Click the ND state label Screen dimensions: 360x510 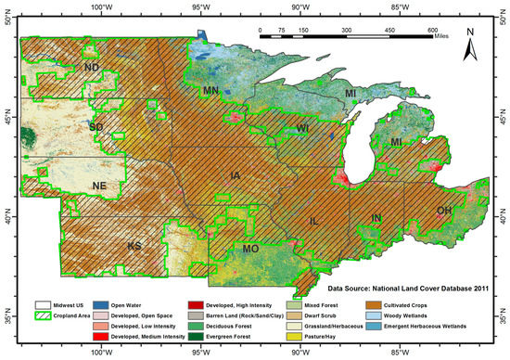point(92,68)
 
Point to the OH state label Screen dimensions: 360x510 point(444,212)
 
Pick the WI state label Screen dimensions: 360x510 point(301,127)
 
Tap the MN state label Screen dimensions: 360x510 point(210,91)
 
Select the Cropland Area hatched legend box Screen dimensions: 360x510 point(44,315)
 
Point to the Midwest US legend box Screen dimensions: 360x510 point(44,303)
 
